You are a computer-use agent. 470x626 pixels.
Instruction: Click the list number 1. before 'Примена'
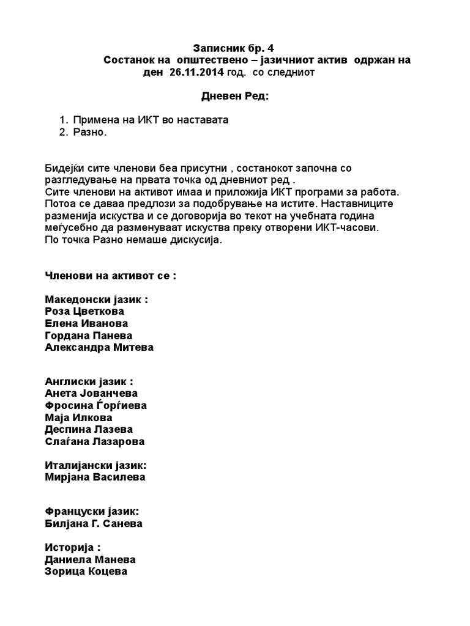tap(64, 120)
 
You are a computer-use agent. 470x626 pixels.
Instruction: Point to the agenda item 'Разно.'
tap(89, 133)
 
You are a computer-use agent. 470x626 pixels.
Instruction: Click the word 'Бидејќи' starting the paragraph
tap(63, 168)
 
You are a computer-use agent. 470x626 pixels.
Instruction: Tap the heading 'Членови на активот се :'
tap(110, 275)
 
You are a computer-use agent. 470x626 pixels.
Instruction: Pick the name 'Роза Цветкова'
tap(84, 311)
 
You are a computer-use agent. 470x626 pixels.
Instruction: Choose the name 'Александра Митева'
tap(99, 347)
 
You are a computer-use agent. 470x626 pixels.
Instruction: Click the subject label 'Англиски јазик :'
tap(89, 381)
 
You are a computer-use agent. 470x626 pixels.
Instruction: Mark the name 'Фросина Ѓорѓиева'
tap(96, 405)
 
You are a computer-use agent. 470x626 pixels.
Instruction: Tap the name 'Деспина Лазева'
tap(89, 429)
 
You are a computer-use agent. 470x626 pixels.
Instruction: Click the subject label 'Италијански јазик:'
tap(96, 465)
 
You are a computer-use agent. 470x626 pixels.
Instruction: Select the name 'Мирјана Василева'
tap(95, 477)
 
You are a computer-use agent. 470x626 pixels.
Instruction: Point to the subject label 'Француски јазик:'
tap(92, 511)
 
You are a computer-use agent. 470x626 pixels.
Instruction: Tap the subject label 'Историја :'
tap(73, 547)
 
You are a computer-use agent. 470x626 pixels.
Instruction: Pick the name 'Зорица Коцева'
tap(86, 572)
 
